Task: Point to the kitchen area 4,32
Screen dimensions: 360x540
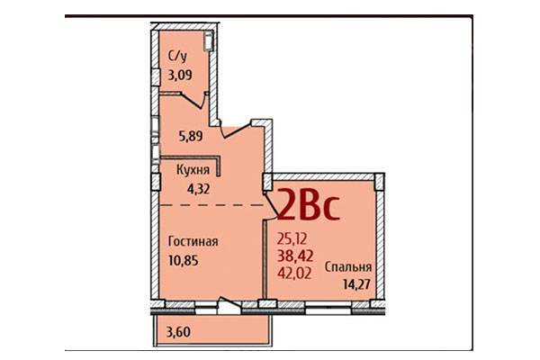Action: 197,188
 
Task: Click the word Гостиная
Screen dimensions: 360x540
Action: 193,241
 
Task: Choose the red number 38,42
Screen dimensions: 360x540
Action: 297,256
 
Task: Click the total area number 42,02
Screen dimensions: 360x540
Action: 297,274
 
